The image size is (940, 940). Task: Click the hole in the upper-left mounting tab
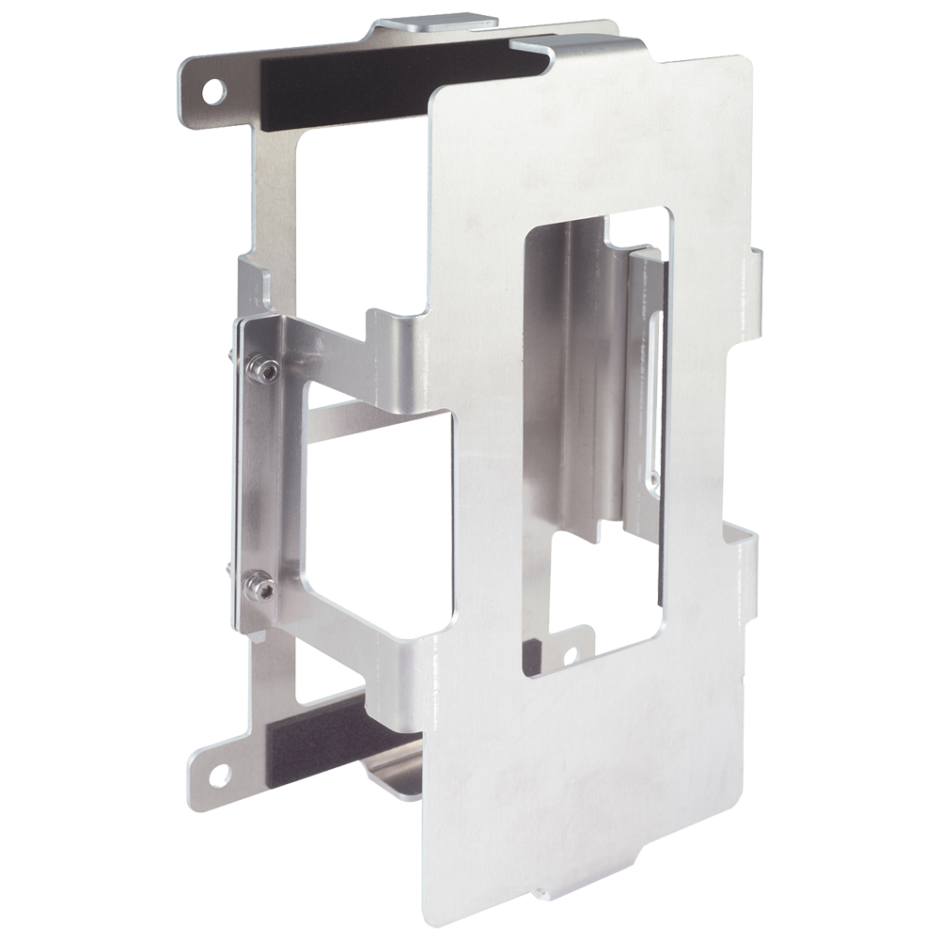(215, 91)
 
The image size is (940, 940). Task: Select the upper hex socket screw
(265, 370)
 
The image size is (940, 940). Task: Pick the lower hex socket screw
(260, 588)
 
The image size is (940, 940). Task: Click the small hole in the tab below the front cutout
(568, 655)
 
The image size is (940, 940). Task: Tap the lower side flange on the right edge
(749, 564)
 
